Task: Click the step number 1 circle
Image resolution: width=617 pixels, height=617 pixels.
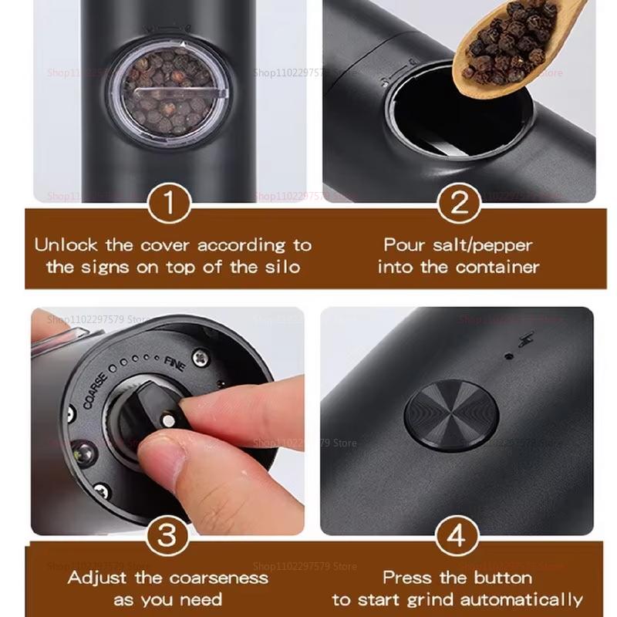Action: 167,205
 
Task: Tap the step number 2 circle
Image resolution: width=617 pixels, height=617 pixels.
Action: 460,205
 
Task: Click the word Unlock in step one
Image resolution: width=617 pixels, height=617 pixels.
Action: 66,245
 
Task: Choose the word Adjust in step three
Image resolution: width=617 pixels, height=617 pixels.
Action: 98,577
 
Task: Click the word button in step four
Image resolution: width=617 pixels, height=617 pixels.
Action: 504,577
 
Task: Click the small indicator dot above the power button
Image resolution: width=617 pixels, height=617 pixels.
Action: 508,356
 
